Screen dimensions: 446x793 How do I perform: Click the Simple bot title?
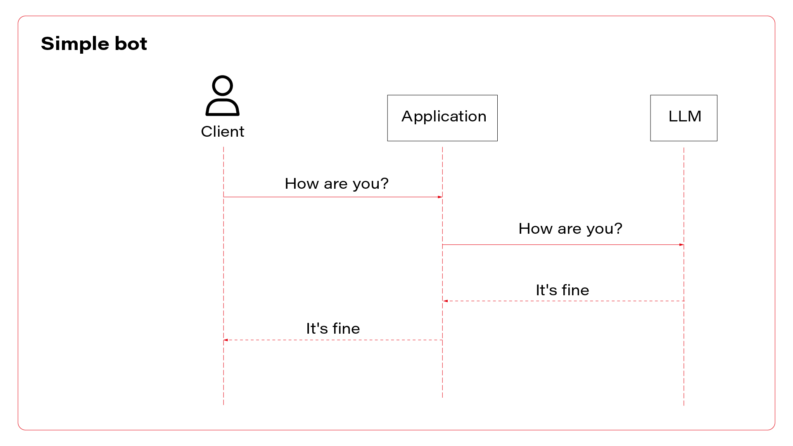(x=94, y=43)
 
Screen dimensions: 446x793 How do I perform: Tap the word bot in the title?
(x=131, y=43)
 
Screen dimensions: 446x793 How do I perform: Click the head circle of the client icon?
(x=222, y=86)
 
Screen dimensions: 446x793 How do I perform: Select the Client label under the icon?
(x=222, y=131)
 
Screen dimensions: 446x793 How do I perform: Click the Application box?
(x=442, y=118)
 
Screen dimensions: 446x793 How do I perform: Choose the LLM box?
(x=684, y=118)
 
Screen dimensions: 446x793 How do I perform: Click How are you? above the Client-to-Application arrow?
(x=336, y=183)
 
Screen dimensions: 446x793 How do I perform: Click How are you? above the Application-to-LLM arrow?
(x=570, y=228)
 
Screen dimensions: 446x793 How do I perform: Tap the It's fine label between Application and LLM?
(x=562, y=290)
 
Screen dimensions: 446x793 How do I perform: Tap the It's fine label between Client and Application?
(x=333, y=328)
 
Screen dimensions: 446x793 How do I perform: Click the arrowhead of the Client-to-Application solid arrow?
(x=440, y=197)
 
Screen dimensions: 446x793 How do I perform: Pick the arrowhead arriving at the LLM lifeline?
(x=681, y=245)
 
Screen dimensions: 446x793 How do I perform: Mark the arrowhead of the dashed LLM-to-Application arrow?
(x=446, y=301)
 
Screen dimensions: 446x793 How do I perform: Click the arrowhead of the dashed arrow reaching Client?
(x=226, y=340)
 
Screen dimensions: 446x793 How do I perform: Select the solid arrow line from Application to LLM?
(x=562, y=245)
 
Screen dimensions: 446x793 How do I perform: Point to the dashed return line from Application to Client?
(x=333, y=340)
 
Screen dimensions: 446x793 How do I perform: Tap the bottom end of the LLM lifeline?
(x=684, y=403)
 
